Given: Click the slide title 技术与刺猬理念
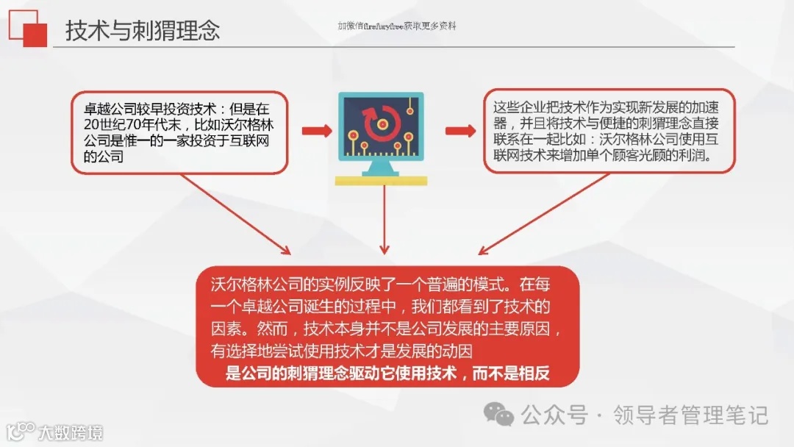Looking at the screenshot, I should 143,31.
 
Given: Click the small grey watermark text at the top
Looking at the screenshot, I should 397,26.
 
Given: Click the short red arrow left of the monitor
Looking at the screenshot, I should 317,131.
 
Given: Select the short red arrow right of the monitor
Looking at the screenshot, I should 460,131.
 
